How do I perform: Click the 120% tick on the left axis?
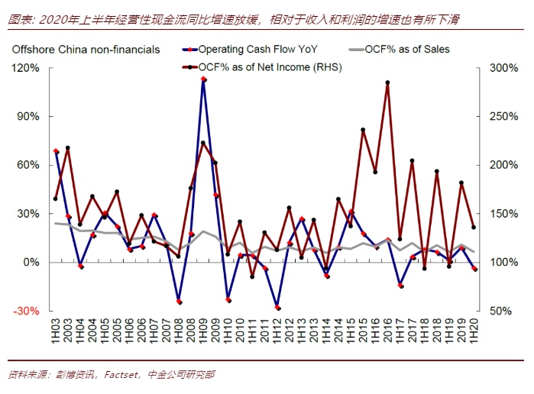28,68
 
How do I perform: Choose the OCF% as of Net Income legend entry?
271,67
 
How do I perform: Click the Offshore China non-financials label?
86,50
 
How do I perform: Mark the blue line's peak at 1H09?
203,79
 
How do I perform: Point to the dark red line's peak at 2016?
387,82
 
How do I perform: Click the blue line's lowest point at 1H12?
277,308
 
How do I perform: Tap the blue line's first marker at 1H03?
56,151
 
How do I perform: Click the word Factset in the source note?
121,374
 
